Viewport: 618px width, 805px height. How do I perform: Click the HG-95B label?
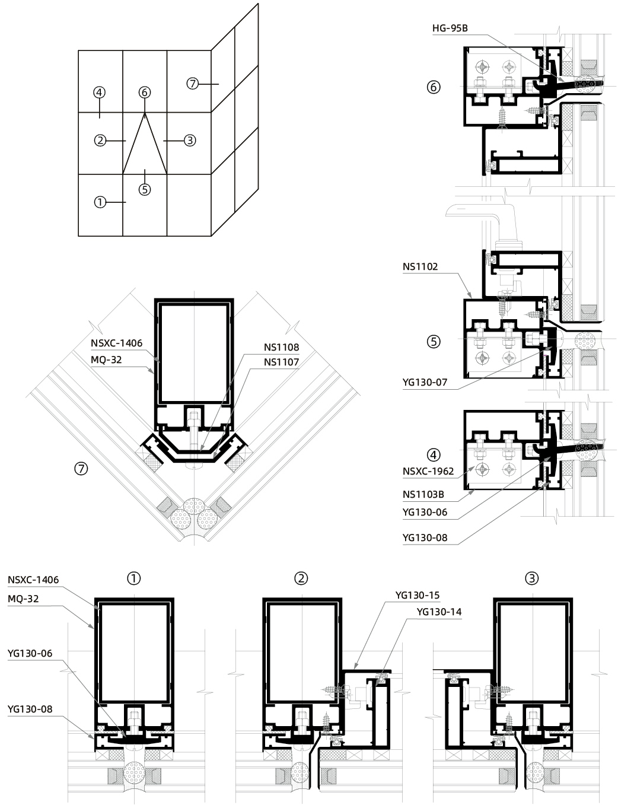pos(450,28)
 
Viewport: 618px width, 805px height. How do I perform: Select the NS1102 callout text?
pos(421,266)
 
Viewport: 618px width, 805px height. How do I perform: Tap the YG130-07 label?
pos(425,382)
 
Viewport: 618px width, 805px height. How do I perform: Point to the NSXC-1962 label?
pos(428,471)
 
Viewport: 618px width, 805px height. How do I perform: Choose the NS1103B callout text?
pos(423,494)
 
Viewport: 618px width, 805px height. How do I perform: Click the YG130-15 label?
pos(418,595)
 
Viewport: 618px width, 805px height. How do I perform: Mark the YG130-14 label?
pos(439,612)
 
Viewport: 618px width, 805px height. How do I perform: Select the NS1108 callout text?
pos(281,347)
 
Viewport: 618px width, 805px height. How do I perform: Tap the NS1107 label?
pos(281,362)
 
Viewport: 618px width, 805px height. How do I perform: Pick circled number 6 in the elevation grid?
pos(145,92)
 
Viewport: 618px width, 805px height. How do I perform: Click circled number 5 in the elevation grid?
pos(145,189)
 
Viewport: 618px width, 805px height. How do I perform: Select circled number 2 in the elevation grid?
pos(100,141)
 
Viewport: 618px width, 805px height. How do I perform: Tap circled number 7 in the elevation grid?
pos(193,84)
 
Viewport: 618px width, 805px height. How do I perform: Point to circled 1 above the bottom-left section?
pos(134,578)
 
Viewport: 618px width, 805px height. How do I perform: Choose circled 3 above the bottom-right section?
pos(532,578)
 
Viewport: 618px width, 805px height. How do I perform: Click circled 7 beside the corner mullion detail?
pos(81,469)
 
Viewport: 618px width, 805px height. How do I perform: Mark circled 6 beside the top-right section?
pos(434,87)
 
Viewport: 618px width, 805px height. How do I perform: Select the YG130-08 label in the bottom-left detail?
pos(30,709)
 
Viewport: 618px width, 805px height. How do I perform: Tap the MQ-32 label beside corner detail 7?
pos(106,359)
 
